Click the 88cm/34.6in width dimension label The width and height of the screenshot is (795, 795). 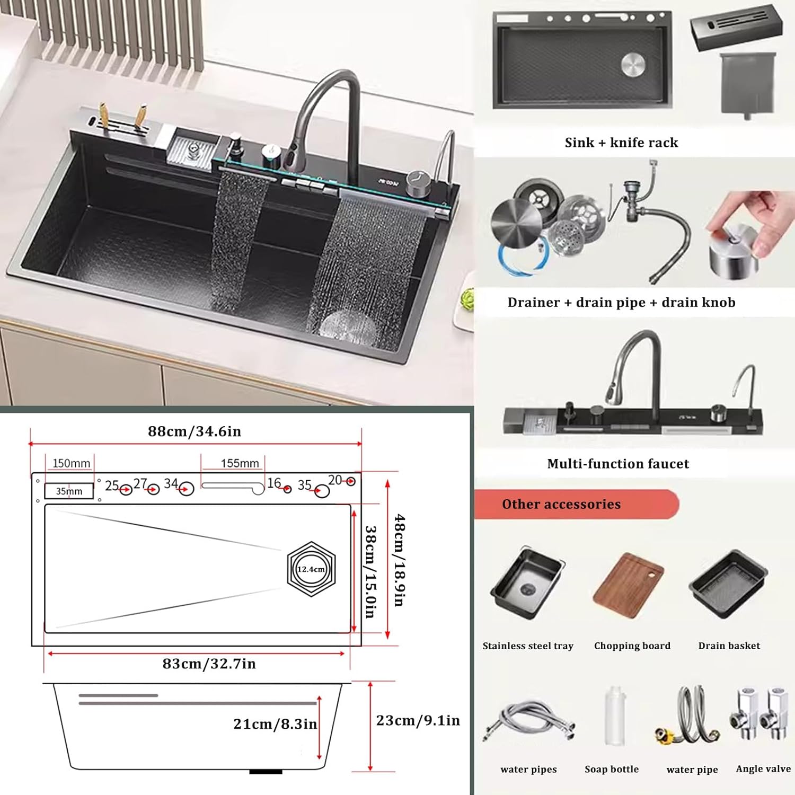pyautogui.click(x=195, y=431)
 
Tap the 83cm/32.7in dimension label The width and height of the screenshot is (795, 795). pyautogui.click(x=209, y=664)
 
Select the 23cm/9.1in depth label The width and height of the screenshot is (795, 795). pyautogui.click(x=418, y=720)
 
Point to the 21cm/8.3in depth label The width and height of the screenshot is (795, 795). pyautogui.click(x=275, y=724)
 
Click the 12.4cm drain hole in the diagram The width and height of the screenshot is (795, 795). pyautogui.click(x=311, y=569)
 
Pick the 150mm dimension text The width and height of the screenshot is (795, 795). pyautogui.click(x=71, y=463)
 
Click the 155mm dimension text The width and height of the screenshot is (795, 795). pyautogui.click(x=240, y=463)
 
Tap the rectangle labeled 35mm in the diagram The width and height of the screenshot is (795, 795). pyautogui.click(x=69, y=491)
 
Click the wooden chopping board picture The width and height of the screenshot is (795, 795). pyautogui.click(x=629, y=586)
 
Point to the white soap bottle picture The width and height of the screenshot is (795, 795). pyautogui.click(x=615, y=715)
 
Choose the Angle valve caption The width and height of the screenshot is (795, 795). pyautogui.click(x=763, y=768)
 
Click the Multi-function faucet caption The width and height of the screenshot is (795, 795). pyautogui.click(x=618, y=464)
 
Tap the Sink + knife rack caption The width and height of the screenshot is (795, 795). pyautogui.click(x=621, y=143)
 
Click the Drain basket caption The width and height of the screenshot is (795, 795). pyautogui.click(x=729, y=646)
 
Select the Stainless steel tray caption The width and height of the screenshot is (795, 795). pyautogui.click(x=528, y=646)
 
